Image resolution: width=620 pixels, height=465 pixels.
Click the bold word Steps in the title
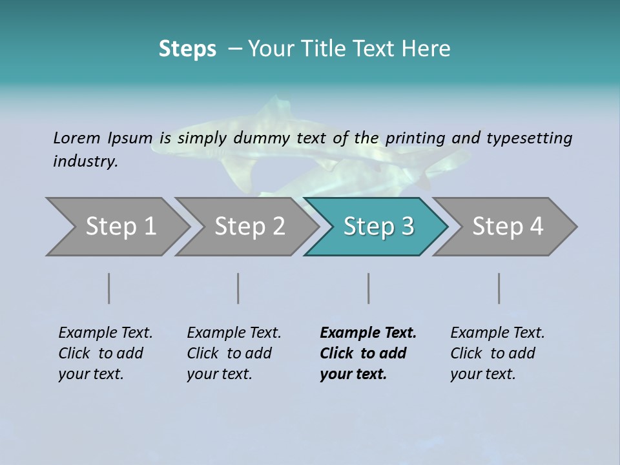(187, 49)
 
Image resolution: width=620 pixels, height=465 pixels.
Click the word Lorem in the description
(77, 138)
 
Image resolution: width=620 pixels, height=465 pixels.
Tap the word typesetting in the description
(529, 138)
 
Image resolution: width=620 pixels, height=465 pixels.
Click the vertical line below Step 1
(109, 288)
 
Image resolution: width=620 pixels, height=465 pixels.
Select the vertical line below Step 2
(238, 288)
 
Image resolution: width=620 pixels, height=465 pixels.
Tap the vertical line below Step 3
(369, 288)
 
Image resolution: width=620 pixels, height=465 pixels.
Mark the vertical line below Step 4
(499, 288)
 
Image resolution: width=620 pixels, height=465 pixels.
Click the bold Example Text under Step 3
(368, 333)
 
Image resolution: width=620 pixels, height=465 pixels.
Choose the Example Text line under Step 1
(105, 333)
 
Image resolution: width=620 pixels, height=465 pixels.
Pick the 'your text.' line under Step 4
(482, 374)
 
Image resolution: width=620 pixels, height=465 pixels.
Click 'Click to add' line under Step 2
(229, 353)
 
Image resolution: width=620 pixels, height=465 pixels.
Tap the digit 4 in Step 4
(535, 227)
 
